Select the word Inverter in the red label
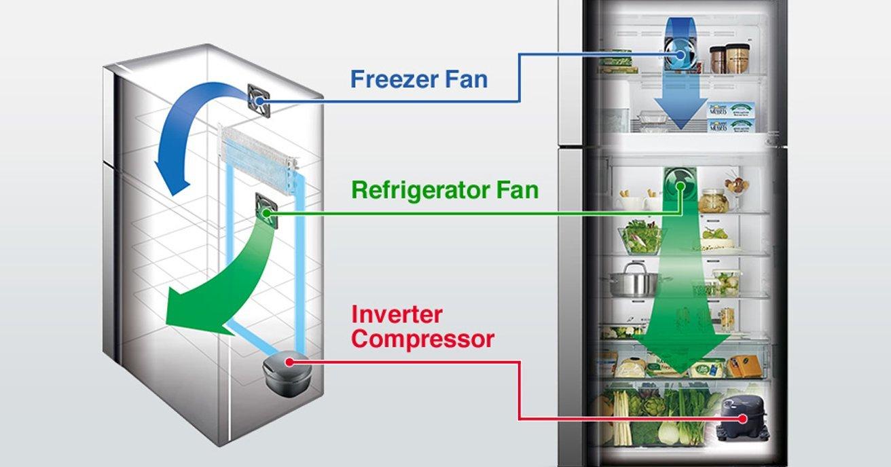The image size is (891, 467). tap(397, 314)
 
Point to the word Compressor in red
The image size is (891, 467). tap(423, 339)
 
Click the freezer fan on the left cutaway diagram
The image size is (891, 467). tap(259, 101)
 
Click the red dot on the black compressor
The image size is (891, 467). tap(742, 418)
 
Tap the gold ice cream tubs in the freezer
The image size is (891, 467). tap(730, 58)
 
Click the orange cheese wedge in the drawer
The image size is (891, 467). tap(744, 366)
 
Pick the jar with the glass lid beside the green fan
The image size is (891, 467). tap(714, 200)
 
